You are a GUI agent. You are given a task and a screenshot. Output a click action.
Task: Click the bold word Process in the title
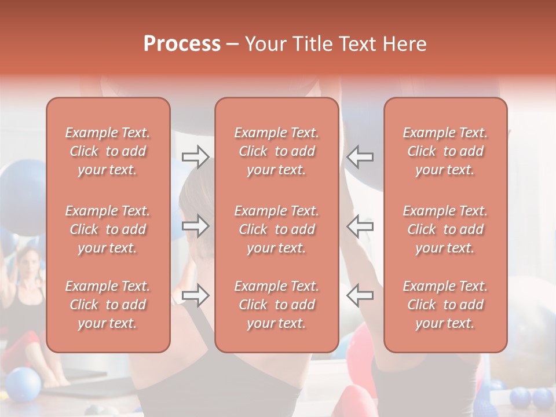point(182,44)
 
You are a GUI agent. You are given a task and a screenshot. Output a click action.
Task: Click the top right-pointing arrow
point(195,157)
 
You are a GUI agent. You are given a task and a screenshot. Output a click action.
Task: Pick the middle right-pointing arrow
point(195,226)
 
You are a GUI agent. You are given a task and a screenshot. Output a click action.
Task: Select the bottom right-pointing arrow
point(195,295)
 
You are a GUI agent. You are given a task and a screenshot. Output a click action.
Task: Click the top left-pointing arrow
point(360,157)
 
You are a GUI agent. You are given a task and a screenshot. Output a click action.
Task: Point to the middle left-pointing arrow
point(360,226)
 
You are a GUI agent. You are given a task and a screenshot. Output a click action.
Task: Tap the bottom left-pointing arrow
point(360,295)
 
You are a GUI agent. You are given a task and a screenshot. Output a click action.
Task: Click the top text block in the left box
point(108,151)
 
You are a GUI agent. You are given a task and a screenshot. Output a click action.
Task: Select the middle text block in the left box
point(108,229)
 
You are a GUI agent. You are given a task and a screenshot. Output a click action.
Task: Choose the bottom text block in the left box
point(108,305)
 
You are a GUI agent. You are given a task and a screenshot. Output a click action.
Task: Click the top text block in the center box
point(276,151)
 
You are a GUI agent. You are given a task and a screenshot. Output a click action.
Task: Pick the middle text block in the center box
point(276,229)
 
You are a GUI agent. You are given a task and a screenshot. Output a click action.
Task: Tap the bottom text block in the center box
point(276,305)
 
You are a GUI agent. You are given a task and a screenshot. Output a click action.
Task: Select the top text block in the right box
point(445,151)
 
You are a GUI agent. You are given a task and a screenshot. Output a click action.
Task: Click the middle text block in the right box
point(445,229)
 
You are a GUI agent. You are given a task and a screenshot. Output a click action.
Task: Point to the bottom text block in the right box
point(445,305)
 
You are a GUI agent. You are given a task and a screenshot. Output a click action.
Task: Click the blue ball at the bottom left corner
point(22,385)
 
